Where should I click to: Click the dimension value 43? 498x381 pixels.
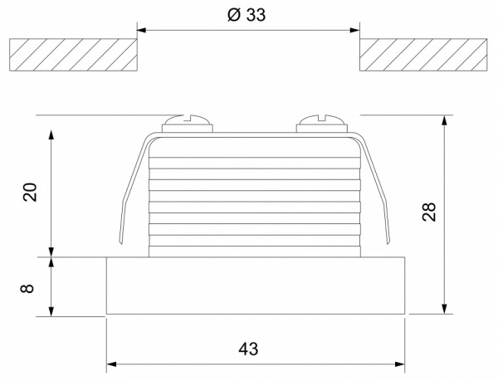pyautogui.click(x=248, y=349)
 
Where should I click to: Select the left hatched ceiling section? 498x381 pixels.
pyautogui.click(x=72, y=55)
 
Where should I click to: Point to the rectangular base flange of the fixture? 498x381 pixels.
pyautogui.click(x=255, y=286)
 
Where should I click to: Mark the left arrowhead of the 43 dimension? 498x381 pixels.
pyautogui.click(x=112, y=364)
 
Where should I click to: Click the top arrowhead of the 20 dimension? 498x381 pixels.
pyautogui.click(x=52, y=133)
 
